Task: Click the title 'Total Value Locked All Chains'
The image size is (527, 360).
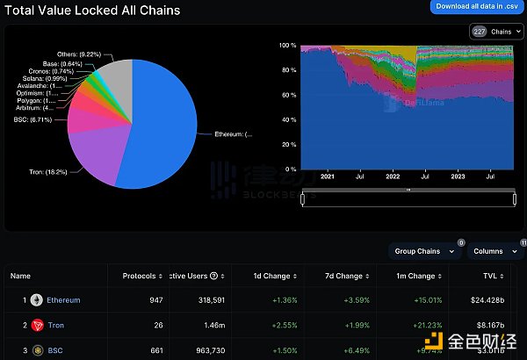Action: click(90, 11)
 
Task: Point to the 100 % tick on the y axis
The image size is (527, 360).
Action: click(286, 45)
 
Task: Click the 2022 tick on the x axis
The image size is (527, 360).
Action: click(391, 176)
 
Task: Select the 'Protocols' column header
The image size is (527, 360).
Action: click(140, 276)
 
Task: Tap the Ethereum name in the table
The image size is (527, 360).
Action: click(63, 300)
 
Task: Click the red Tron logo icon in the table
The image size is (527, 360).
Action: click(37, 326)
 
